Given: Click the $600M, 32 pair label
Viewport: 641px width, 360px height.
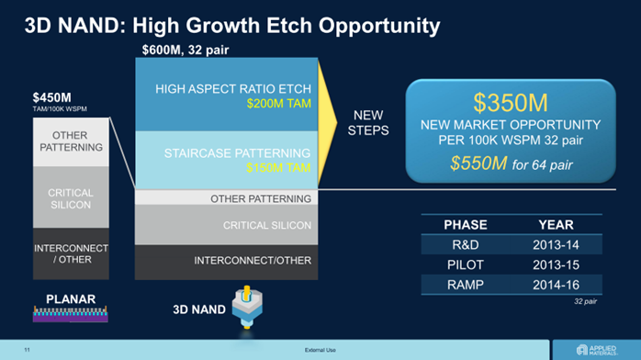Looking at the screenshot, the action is point(186,50).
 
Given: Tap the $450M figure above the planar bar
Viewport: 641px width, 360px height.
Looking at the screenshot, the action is point(52,97).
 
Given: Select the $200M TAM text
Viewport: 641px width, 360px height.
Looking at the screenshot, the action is point(279,104).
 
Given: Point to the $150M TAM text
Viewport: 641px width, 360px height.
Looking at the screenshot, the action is point(278,167).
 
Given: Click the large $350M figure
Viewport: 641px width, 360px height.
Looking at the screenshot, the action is point(511,103).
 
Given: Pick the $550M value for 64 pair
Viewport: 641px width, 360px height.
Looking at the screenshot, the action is point(478,163).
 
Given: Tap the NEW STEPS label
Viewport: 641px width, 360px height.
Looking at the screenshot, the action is point(368,122).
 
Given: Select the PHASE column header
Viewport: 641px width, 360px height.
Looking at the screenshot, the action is point(466,225).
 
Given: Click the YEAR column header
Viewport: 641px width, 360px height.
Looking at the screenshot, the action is point(556,225).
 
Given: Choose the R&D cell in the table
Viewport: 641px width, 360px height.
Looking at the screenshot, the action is point(466,245).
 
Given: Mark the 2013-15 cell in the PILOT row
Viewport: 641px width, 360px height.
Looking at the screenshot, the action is point(556,264).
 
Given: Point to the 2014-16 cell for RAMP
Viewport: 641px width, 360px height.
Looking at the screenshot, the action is point(556,285).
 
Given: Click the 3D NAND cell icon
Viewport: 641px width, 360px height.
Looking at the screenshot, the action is point(247,308).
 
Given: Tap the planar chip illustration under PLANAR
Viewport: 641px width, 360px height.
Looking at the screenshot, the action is point(71,314).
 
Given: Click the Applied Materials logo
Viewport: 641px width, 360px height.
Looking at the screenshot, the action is point(597,350).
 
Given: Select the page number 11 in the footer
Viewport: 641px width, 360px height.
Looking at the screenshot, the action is point(27,350).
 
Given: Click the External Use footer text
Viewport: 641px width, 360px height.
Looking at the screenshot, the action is point(320,350).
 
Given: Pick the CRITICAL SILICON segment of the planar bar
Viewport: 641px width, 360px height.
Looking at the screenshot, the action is point(71,197).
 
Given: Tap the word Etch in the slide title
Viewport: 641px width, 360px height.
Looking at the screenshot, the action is point(289,26).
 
